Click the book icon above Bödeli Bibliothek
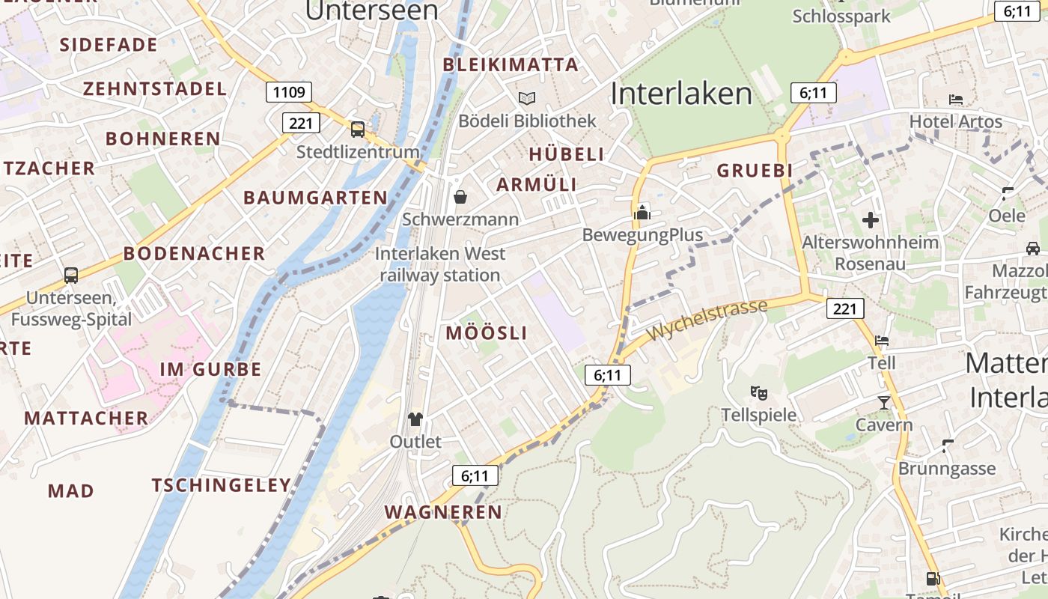pos(527,98)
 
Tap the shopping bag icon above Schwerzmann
pos(460,197)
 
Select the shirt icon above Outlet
pos(415,419)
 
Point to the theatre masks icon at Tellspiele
pos(758,392)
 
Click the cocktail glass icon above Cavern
pos(884,403)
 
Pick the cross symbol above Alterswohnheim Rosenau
pos(870,220)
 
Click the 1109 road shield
pos(289,92)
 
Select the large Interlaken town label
pos(681,94)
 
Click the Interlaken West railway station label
pos(440,264)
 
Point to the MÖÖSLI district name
pos(487,333)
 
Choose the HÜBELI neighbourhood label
pos(567,154)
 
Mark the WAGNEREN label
pos(443,512)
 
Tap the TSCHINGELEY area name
pos(222,485)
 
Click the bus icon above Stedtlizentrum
pos(358,130)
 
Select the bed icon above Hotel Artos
pos(955,99)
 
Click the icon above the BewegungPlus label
pos(642,213)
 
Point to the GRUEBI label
pos(755,171)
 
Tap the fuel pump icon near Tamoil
pos(933,578)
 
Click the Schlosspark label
pos(841,16)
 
